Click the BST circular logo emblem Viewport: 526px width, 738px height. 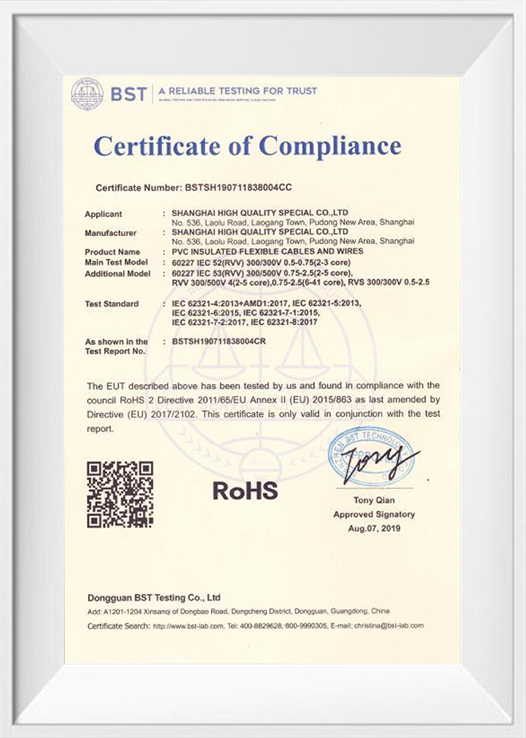point(87,94)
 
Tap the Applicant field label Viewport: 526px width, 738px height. point(104,214)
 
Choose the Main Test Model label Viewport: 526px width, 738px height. point(117,262)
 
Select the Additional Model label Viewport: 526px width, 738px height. point(118,273)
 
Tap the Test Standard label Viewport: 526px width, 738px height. point(112,303)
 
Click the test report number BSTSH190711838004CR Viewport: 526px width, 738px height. point(227,342)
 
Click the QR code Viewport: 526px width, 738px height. point(120,494)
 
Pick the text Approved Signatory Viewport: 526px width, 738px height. point(374,515)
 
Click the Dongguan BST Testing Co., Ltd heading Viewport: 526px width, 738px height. point(153,598)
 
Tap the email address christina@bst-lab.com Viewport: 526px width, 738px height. point(389,625)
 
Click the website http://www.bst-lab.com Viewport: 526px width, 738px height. point(187,625)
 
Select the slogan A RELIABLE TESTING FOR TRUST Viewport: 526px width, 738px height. point(237,90)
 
